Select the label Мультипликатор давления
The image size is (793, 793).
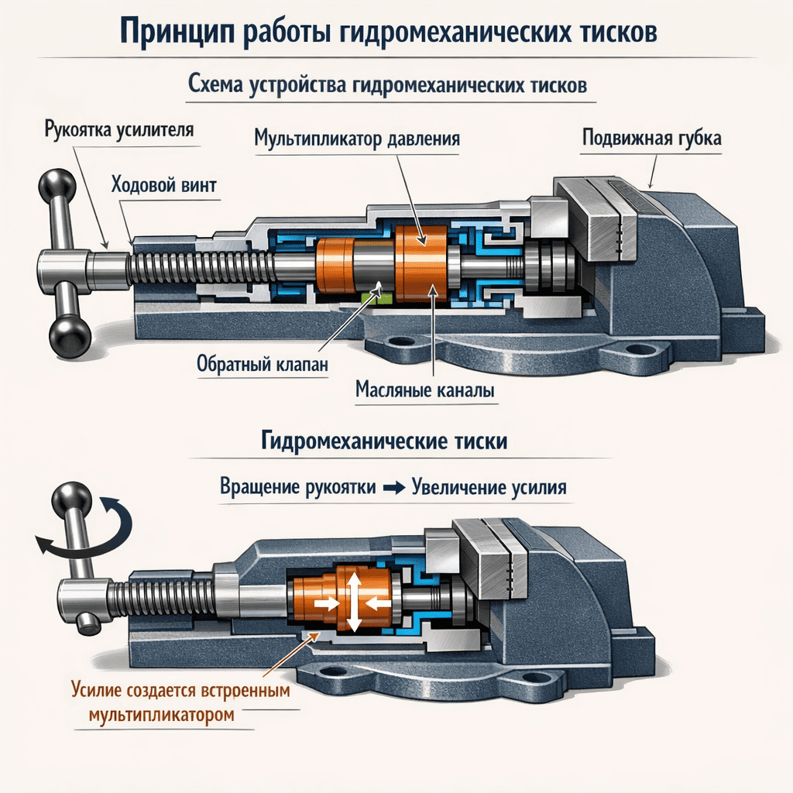point(357,140)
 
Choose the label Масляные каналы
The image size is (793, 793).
point(424,391)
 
